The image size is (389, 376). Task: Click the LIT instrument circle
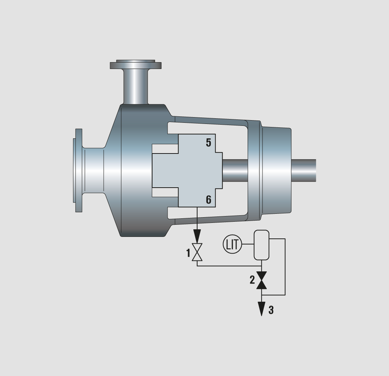click(x=232, y=244)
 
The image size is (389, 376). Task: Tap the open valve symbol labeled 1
click(x=197, y=252)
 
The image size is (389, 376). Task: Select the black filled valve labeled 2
click(x=261, y=280)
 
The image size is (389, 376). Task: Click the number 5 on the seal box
click(x=209, y=143)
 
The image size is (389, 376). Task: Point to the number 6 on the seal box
click(x=209, y=199)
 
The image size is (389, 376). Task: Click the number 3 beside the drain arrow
click(x=271, y=310)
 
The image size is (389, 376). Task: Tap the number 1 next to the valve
click(x=188, y=253)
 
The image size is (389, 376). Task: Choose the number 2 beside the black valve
click(x=252, y=280)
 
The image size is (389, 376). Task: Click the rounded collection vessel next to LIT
click(x=261, y=245)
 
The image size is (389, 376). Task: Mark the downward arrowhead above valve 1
click(x=197, y=236)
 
